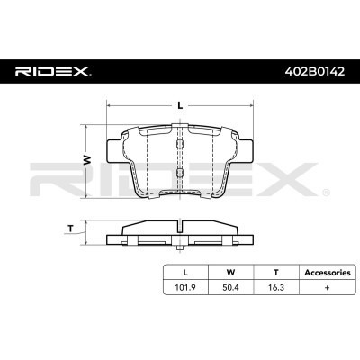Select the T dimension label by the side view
[72, 229]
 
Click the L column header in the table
[186, 272]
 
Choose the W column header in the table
[229, 272]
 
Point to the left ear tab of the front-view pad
[115, 144]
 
